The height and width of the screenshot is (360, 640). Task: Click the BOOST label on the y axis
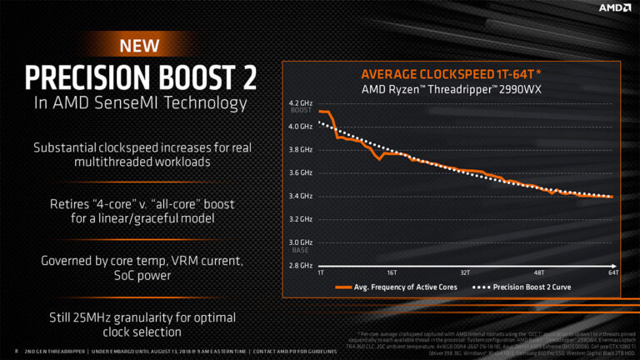300,111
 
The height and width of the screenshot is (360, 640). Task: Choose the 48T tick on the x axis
539,272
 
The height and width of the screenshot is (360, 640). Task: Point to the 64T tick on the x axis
612,272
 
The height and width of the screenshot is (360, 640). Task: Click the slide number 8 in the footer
17,350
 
